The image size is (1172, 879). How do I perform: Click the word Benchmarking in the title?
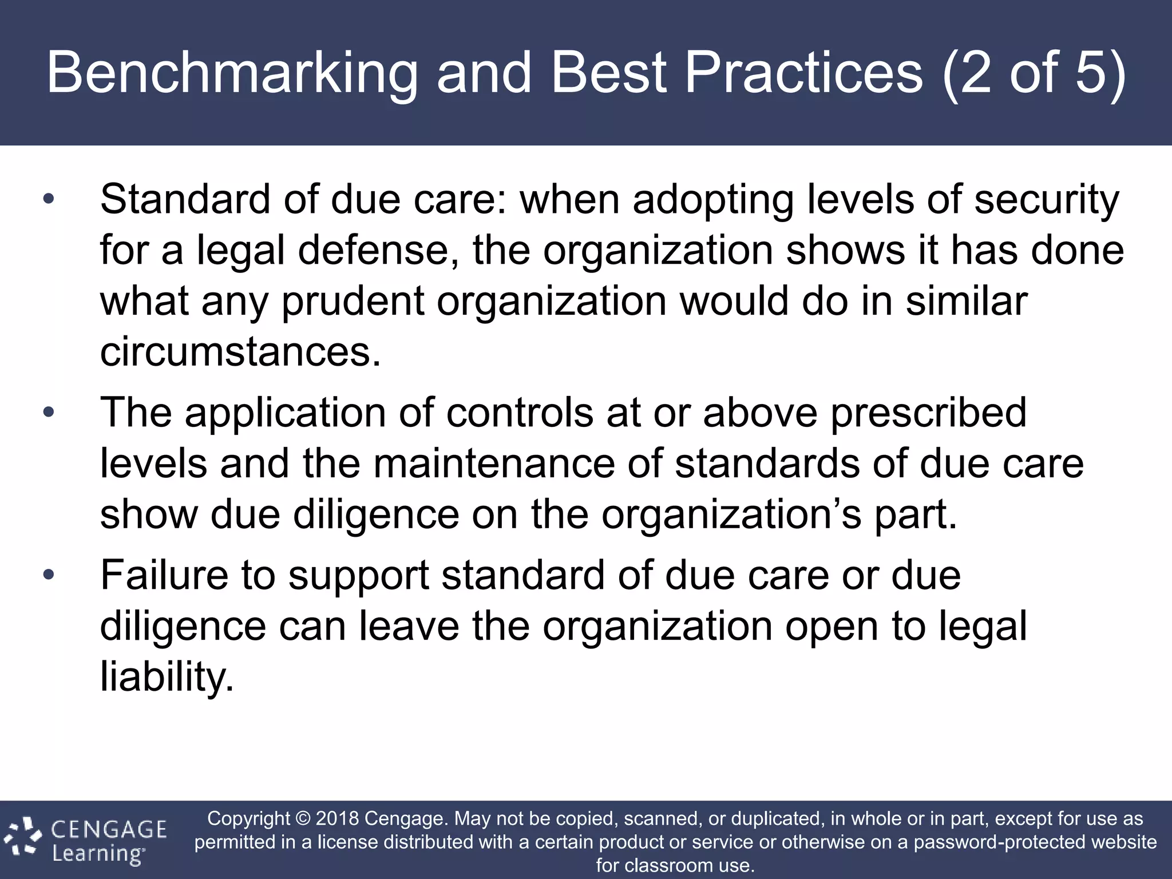[231, 73]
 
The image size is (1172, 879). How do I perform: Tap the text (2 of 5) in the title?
[1033, 73]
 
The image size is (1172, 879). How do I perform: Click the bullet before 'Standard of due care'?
[49, 200]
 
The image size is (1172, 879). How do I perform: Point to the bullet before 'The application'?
[49, 412]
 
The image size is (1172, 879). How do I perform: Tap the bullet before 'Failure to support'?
[49, 575]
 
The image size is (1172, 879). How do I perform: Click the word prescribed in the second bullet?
[928, 412]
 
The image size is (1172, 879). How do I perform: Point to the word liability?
[167, 676]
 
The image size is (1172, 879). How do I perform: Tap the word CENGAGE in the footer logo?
[109, 829]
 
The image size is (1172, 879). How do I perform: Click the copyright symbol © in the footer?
[303, 818]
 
